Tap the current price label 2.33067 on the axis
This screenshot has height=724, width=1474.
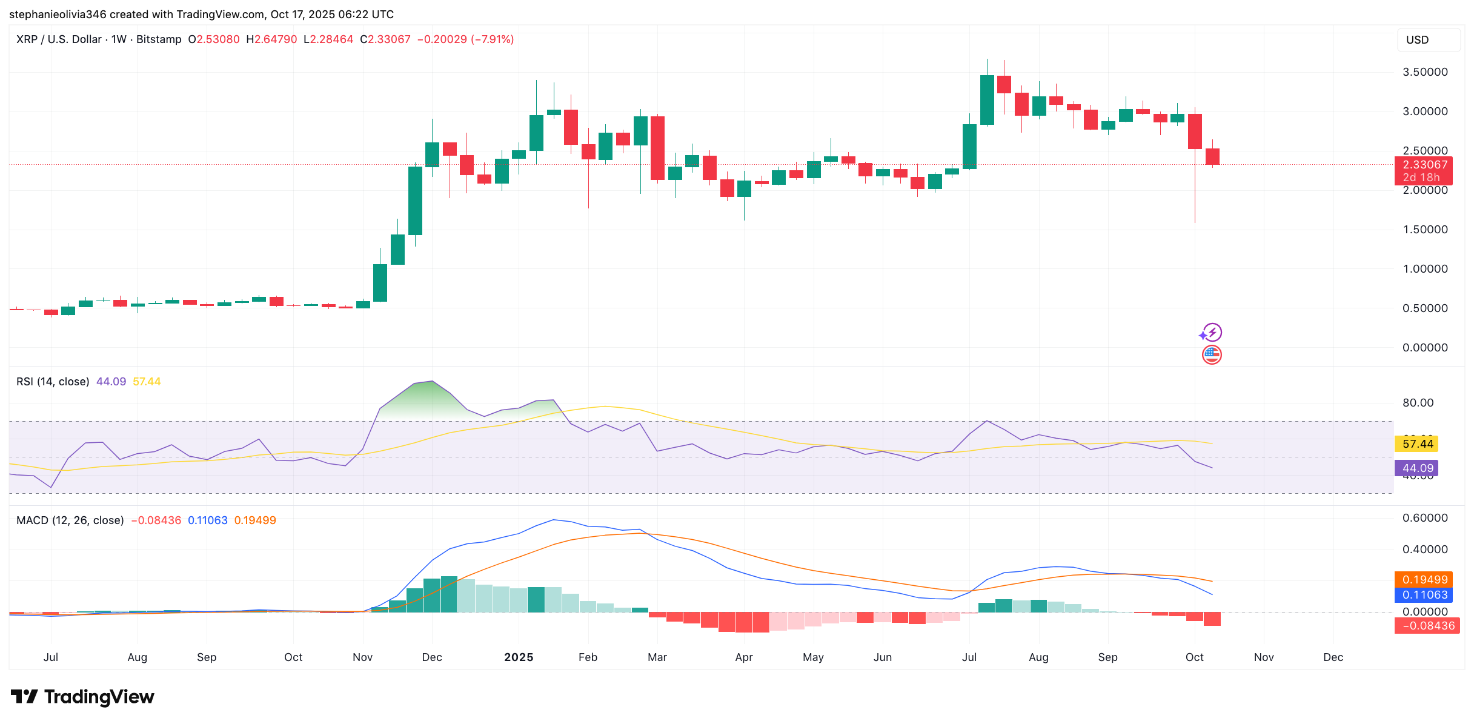(x=1425, y=165)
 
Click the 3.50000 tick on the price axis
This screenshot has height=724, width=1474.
(x=1425, y=72)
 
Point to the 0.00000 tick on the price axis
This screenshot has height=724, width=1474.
(x=1425, y=348)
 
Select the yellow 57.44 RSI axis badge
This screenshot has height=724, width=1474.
(x=1417, y=444)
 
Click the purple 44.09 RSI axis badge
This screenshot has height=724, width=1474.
(x=1417, y=468)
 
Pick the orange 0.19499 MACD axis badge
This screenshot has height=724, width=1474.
(x=1424, y=580)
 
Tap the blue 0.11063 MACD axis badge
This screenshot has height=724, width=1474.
(x=1424, y=595)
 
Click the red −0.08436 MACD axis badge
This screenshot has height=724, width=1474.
(x=1427, y=626)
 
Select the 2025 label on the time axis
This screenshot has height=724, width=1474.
(x=519, y=657)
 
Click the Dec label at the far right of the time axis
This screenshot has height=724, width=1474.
(x=1333, y=657)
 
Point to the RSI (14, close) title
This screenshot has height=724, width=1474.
(x=53, y=382)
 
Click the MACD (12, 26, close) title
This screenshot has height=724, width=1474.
(x=70, y=520)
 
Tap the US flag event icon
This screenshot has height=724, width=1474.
(x=1212, y=355)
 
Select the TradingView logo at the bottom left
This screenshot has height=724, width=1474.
(x=82, y=697)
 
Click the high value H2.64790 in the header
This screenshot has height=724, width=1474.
(x=271, y=39)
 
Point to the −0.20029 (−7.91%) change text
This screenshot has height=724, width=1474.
(x=465, y=39)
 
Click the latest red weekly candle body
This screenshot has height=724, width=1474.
(x=1212, y=156)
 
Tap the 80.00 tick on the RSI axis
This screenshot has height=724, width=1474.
(x=1418, y=403)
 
